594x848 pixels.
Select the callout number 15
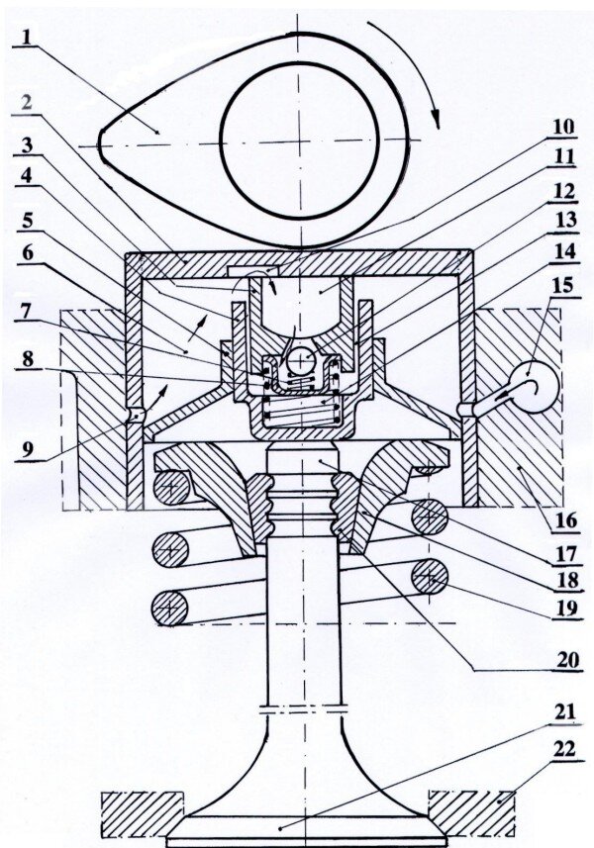tap(562, 285)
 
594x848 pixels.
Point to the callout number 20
tap(566, 660)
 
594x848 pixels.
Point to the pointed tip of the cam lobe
tap(100, 145)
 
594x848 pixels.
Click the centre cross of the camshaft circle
tap(298, 142)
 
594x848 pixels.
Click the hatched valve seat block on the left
tap(142, 811)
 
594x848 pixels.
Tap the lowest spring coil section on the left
tap(170, 608)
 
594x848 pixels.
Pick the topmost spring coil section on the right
tap(430, 518)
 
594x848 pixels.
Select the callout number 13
tap(563, 221)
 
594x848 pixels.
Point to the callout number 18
tap(566, 581)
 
